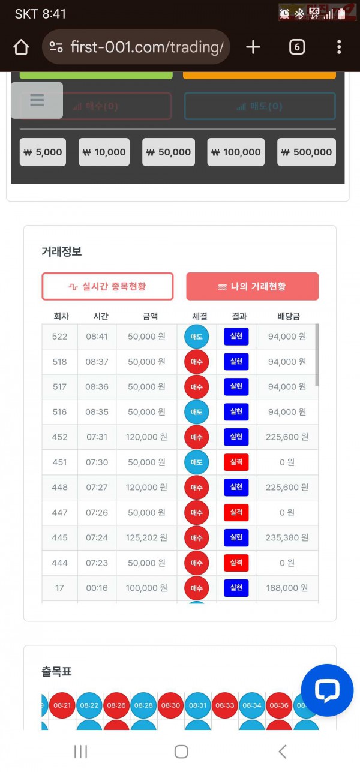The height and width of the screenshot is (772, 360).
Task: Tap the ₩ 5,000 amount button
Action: (43, 152)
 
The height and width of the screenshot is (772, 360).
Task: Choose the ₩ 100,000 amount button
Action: (236, 152)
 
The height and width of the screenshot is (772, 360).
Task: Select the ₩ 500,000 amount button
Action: (306, 152)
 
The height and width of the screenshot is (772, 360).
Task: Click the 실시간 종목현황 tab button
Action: (107, 286)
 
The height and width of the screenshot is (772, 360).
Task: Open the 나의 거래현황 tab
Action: (252, 286)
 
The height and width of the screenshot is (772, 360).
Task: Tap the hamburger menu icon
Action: (37, 100)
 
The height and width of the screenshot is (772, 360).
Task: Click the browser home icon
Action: (21, 47)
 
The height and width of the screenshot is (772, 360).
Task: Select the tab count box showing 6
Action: (297, 47)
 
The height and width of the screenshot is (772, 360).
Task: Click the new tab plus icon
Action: (253, 47)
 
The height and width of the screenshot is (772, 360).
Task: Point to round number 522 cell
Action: (59, 337)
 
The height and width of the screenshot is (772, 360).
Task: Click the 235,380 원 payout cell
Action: (287, 538)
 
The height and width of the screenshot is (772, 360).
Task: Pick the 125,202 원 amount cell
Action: (146, 538)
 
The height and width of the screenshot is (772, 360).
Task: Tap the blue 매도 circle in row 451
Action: (196, 462)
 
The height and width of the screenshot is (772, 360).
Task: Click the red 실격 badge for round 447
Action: (236, 513)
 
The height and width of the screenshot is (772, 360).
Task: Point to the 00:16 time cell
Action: (97, 588)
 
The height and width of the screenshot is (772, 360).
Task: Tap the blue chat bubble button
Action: (327, 690)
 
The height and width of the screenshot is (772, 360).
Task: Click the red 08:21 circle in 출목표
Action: (62, 706)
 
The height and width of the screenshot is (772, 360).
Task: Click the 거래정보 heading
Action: (61, 252)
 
